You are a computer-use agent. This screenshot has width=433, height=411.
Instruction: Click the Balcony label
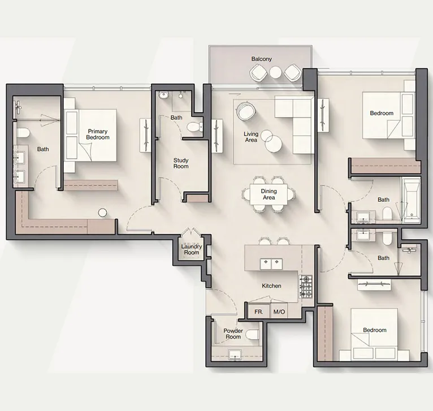(x=262, y=59)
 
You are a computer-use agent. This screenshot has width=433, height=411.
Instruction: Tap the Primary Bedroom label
(x=98, y=135)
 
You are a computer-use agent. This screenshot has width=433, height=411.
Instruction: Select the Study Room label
(x=181, y=163)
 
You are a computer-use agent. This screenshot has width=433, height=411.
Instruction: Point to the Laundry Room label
(x=191, y=249)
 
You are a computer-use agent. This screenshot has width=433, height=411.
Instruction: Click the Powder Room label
(x=233, y=334)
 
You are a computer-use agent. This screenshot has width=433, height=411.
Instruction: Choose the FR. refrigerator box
(x=258, y=312)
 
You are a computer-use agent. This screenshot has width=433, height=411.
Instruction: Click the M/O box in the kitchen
(x=279, y=312)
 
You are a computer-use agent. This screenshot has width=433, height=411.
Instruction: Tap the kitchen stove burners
(x=306, y=287)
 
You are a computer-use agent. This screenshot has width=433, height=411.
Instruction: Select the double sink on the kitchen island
(x=270, y=263)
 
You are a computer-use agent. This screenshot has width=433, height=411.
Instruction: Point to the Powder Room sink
(x=235, y=355)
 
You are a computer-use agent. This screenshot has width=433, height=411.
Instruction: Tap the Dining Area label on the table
(x=269, y=195)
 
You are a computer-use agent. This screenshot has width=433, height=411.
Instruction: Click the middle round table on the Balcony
(x=275, y=72)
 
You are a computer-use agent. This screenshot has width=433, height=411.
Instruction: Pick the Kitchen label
(x=271, y=286)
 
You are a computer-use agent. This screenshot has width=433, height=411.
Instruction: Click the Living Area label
(x=251, y=137)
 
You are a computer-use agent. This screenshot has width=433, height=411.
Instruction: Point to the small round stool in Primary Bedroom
(x=102, y=213)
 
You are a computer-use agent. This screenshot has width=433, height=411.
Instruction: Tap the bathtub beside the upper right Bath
(x=412, y=200)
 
